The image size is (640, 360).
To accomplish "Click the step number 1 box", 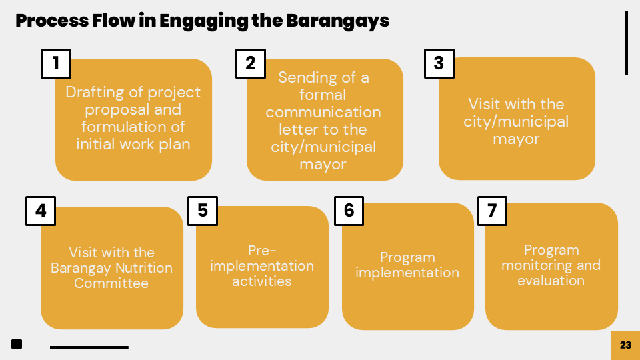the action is tap(56, 64).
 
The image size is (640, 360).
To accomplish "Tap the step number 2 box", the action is tap(251, 64).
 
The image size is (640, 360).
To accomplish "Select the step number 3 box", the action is tap(439, 64).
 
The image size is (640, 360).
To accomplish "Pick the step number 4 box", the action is tap(41, 211).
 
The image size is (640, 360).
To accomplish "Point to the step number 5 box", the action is tap(203, 211).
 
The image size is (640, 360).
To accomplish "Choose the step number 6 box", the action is tap(349, 211).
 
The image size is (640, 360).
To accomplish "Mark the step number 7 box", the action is tap(492, 211).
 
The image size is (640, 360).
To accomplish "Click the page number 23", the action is tap(625, 345).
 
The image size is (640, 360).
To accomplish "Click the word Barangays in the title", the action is tap(337, 21).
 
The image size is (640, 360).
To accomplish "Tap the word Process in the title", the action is tap(52, 21).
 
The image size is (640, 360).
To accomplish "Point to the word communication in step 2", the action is tap(323, 112).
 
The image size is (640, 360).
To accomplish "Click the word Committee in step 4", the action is tap(111, 283).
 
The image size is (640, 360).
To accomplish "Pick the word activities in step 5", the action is tap(261, 281).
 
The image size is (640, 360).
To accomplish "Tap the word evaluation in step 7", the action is tap(551, 281).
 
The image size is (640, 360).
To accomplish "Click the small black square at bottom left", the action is tap(17, 344).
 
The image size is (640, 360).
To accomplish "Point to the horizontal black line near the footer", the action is tap(89, 347).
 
